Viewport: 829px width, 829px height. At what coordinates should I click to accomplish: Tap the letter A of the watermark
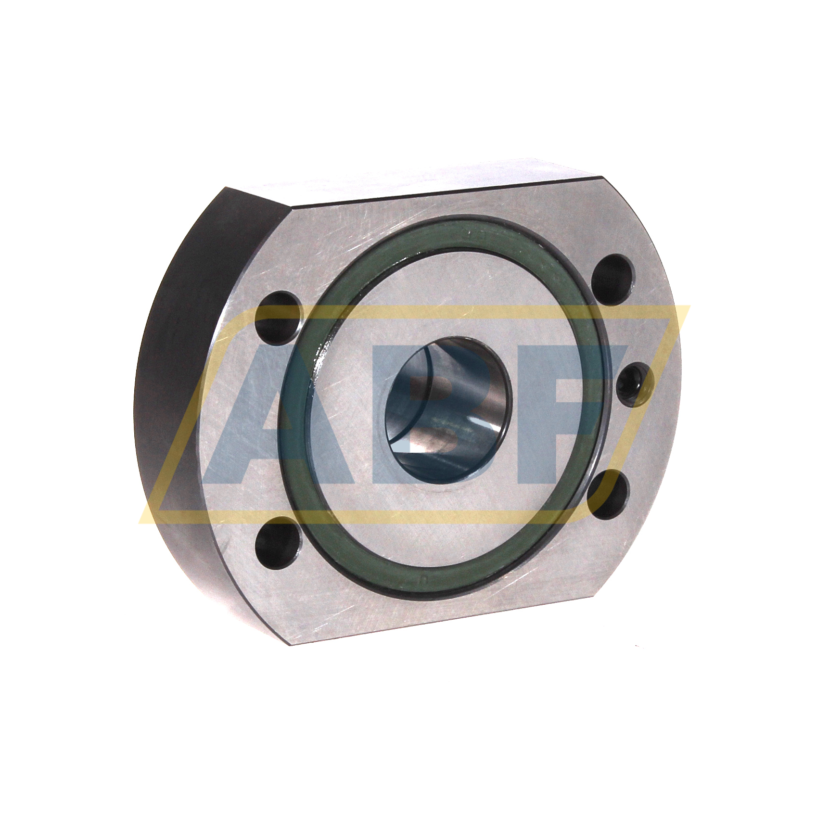[250, 414]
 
